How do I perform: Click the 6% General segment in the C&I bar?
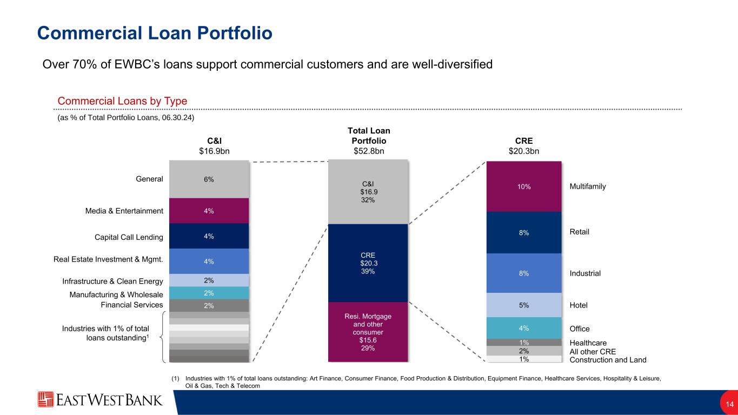(x=209, y=179)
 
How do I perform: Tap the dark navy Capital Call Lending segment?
(x=209, y=236)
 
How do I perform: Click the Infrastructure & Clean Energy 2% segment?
(x=209, y=280)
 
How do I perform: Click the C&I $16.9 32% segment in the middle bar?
(x=368, y=191)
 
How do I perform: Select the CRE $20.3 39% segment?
(x=368, y=263)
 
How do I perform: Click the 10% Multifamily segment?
(x=524, y=186)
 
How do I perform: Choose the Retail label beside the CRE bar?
(x=579, y=232)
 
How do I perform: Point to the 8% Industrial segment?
(x=524, y=273)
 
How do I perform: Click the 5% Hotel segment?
(x=524, y=305)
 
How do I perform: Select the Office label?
(x=580, y=329)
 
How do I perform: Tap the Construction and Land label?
(x=608, y=360)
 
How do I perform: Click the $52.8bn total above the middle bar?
(x=368, y=151)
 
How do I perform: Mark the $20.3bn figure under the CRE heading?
(x=524, y=151)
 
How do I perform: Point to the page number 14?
(x=729, y=404)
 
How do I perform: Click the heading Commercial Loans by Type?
(x=122, y=101)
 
